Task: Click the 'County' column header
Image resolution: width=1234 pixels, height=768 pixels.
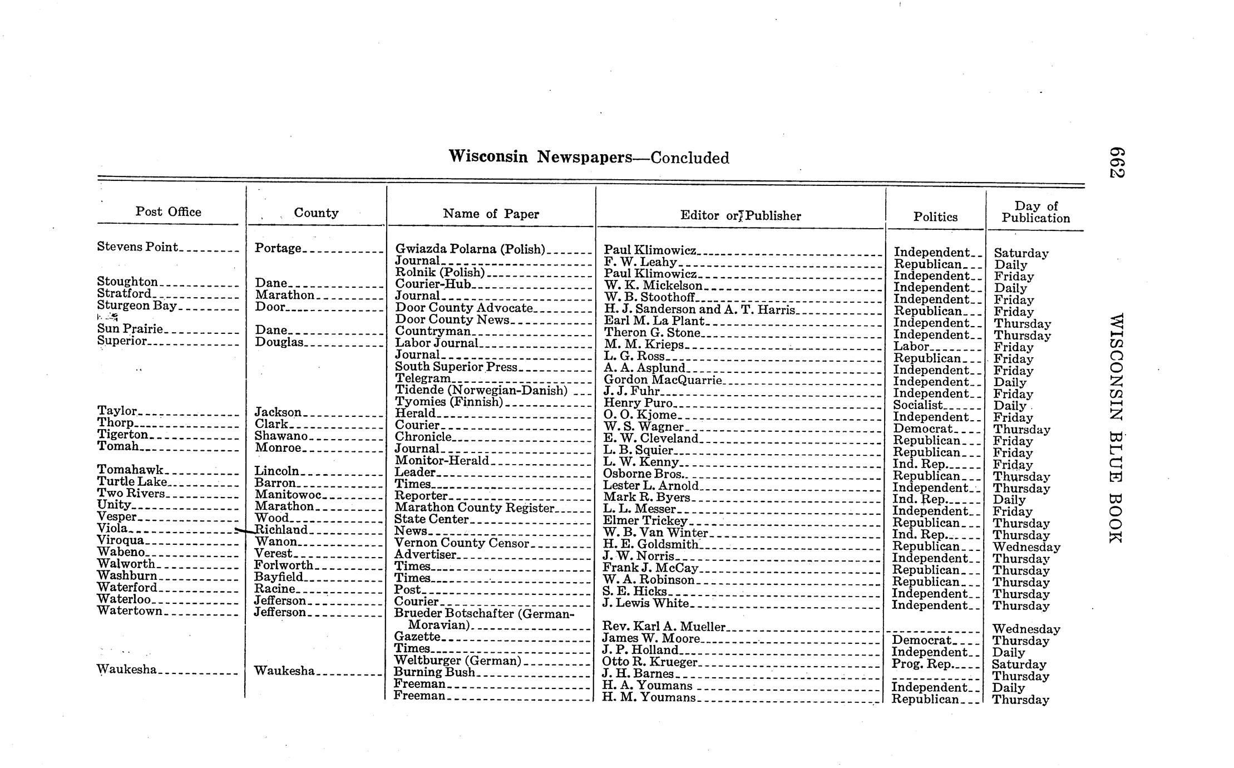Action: coord(316,213)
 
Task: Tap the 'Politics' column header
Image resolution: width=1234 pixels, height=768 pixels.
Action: coord(935,217)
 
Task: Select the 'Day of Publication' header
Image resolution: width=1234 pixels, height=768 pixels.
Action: coord(1035,212)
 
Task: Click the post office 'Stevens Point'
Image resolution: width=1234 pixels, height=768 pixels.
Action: coord(137,247)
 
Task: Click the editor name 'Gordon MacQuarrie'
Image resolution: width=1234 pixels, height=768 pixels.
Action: coord(663,380)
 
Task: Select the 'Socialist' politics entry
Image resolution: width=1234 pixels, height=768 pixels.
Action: coord(918,405)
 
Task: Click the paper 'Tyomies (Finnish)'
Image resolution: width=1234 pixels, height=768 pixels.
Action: coord(449,401)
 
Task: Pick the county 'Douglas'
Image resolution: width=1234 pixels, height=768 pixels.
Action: coord(279,342)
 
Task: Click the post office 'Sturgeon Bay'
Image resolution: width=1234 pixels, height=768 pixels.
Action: coord(137,306)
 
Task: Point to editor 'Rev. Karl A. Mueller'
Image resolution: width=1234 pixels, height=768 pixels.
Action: coord(664,627)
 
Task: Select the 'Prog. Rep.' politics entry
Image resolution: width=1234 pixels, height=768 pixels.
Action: coord(921,664)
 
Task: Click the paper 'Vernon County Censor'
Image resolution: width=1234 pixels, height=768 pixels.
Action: coord(461,543)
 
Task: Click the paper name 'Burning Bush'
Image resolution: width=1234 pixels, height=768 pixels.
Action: coord(435,672)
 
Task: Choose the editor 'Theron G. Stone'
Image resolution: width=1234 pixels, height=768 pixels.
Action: coord(651,333)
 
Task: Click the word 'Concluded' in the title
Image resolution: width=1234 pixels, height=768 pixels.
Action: coord(689,158)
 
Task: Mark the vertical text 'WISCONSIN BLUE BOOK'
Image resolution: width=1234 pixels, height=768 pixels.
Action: coord(1115,429)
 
